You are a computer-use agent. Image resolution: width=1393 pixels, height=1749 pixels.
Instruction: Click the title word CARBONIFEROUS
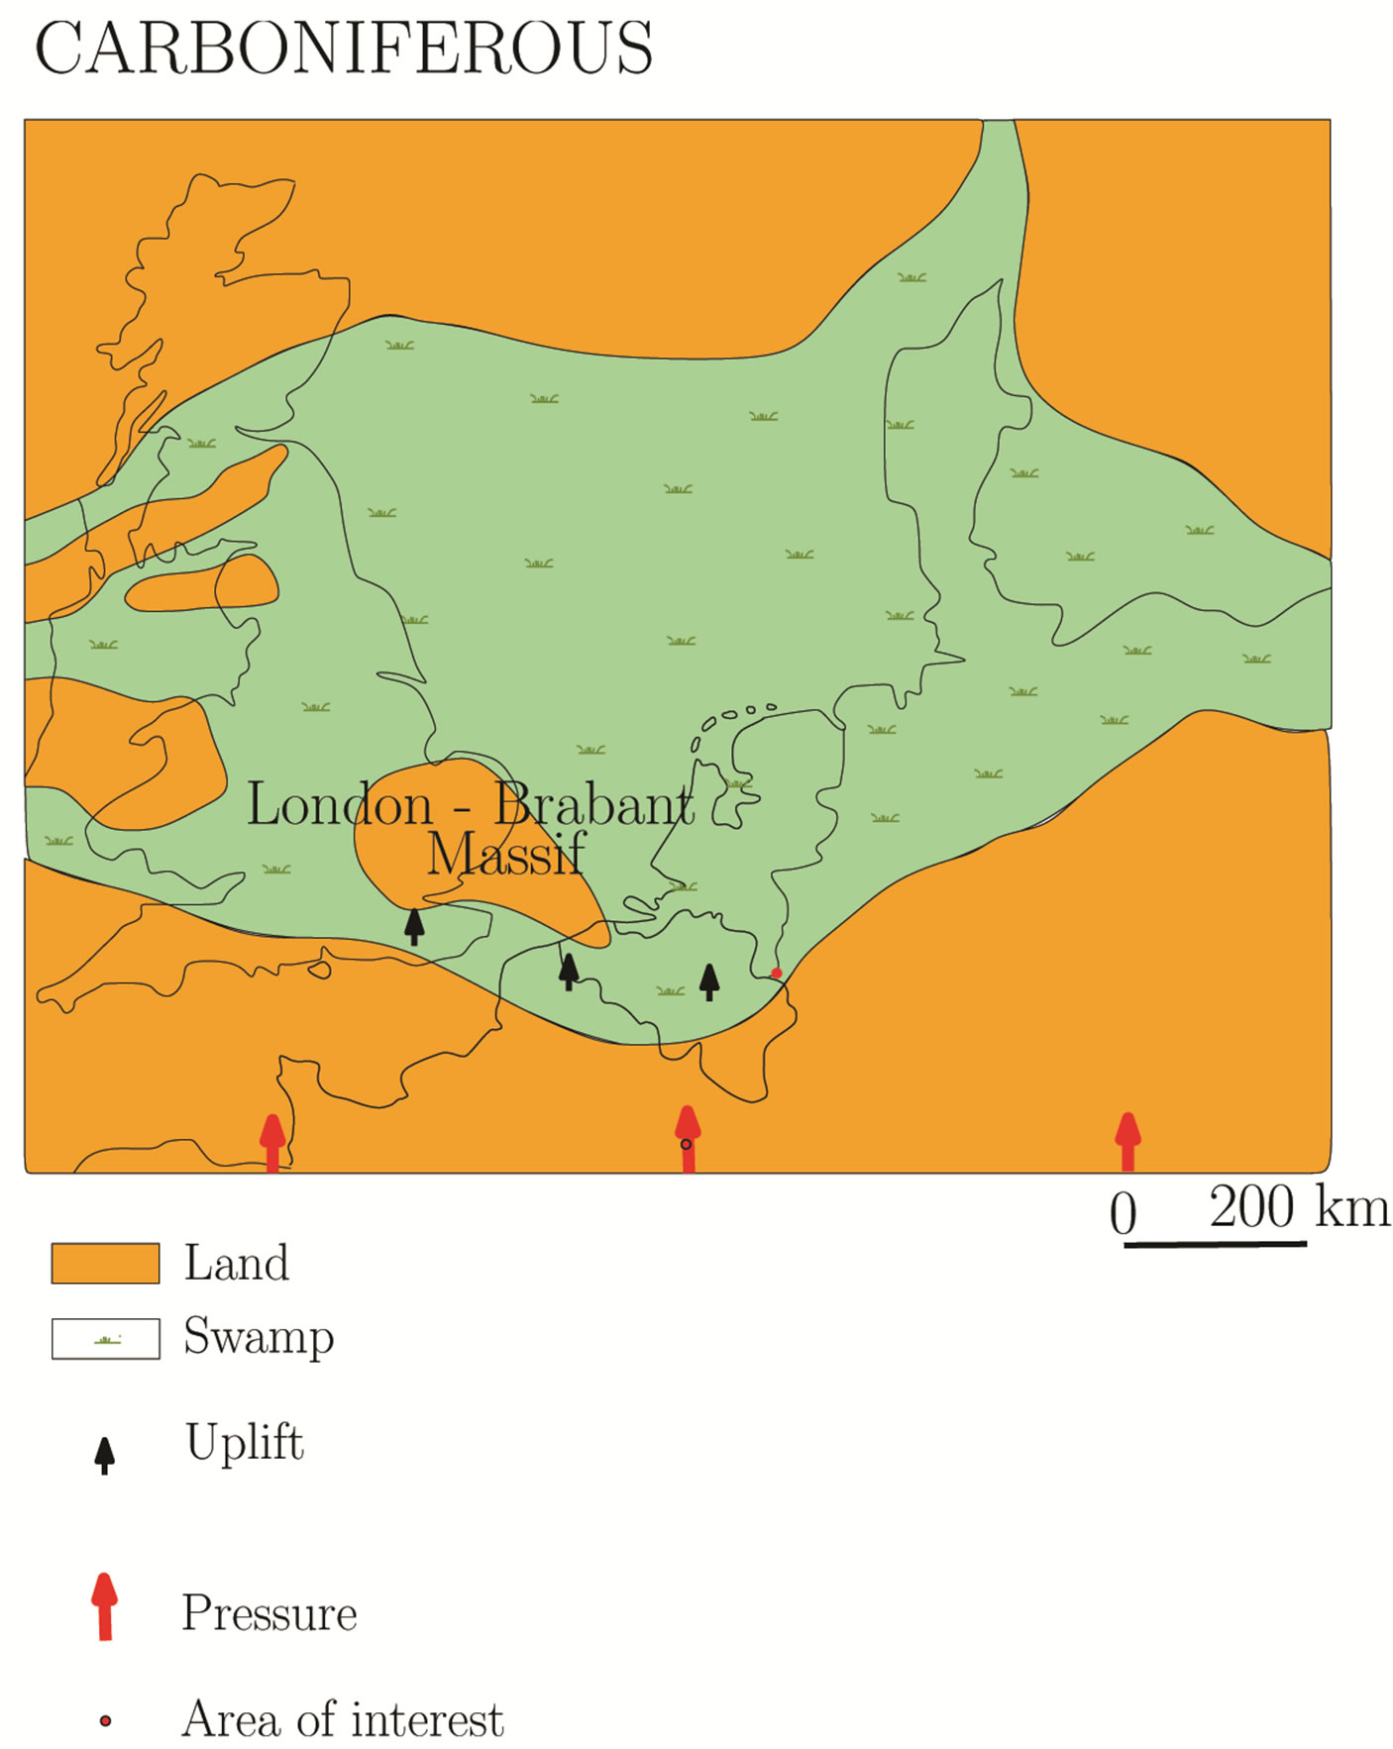coord(343,48)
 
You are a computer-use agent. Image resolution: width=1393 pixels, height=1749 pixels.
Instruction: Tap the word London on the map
coord(339,804)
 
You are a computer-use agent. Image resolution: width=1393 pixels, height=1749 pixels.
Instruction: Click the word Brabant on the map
coord(593,804)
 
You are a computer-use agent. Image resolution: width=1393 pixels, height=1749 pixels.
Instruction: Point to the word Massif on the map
coord(505,854)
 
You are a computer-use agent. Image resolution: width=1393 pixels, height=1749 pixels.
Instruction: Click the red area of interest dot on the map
coord(777,973)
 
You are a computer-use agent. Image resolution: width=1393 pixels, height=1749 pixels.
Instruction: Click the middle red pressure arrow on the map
coord(688,1138)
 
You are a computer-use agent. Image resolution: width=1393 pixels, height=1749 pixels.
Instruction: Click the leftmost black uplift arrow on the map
coord(414,926)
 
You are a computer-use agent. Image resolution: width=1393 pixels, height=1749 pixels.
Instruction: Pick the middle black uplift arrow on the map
coord(569,971)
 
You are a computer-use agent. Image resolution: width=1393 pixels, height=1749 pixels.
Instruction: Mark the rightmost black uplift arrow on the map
coord(709,981)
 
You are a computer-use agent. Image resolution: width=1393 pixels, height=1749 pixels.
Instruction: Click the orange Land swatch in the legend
coord(105,1264)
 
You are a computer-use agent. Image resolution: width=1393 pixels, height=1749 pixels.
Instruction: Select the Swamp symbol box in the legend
coord(105,1339)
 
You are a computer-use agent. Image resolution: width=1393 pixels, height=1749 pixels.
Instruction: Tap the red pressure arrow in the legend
coord(104,1605)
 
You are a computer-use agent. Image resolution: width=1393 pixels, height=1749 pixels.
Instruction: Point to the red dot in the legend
coord(105,1721)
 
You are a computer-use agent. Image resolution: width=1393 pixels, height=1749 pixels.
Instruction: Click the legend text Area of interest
coord(343,1719)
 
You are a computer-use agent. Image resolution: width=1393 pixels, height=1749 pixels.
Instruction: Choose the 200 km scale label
coord(1299,1207)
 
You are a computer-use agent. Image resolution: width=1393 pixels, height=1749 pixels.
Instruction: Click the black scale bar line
coord(1215,1243)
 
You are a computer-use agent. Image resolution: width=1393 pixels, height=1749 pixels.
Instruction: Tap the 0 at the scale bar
coord(1123,1213)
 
